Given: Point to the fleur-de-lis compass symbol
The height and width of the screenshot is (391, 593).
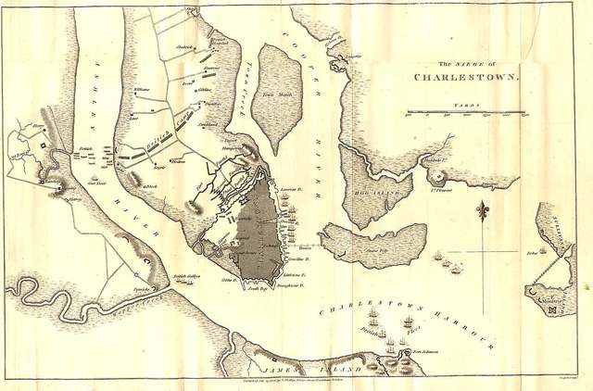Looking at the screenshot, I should (481, 212).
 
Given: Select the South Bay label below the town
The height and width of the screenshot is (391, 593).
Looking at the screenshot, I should (257, 290).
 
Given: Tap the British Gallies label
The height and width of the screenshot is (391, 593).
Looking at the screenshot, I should (186, 276).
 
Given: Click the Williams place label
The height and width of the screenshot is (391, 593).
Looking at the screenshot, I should (142, 89).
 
